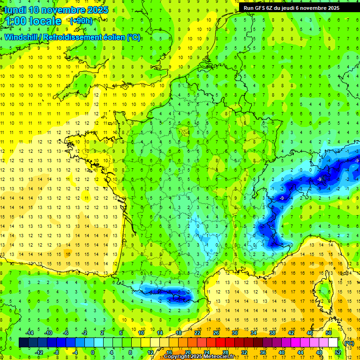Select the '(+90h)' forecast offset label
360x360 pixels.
pyautogui.click(x=81, y=21)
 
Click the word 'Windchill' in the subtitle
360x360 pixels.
pyautogui.click(x=22, y=37)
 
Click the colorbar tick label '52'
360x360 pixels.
pyautogui.click(x=338, y=352)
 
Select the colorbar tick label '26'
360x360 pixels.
pyautogui.click(x=216, y=333)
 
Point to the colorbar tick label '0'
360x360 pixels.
pyautogui.click(x=93, y=352)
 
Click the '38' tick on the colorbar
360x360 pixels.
pyautogui.click(x=272, y=333)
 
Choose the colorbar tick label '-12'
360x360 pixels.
pyautogui.click(x=39, y=352)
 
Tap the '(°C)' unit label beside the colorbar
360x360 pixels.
pyautogui.click(x=349, y=343)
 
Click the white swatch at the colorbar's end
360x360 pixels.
pyautogui.click(x=333, y=343)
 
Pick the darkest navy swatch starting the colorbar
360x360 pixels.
pyautogui.click(x=23, y=343)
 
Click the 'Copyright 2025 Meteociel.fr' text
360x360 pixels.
pyautogui.click(x=199, y=357)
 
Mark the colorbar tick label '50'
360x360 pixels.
pyautogui.click(x=329, y=333)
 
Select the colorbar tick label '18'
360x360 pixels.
pyautogui.click(x=179, y=333)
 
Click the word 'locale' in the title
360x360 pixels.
pyautogui.click(x=45, y=21)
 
